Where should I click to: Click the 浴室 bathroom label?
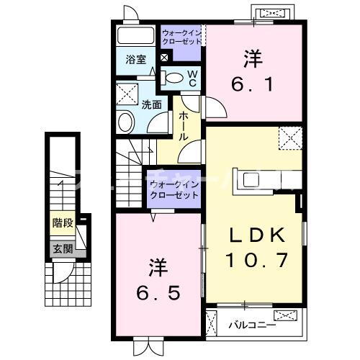click(x=136, y=60)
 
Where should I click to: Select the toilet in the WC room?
click(x=174, y=77)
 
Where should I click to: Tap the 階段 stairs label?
click(x=62, y=223)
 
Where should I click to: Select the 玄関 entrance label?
click(x=62, y=249)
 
